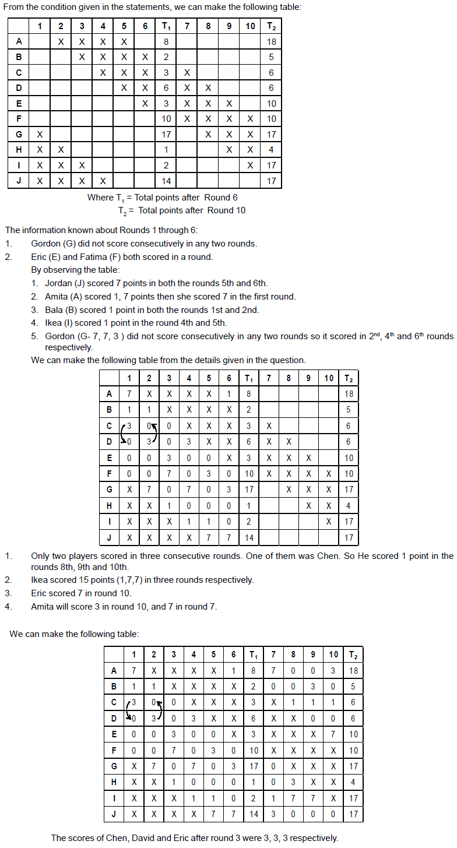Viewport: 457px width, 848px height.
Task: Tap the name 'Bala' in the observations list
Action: [55, 310]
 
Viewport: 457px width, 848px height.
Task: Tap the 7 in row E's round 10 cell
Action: [333, 734]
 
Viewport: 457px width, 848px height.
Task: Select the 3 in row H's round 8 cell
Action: [294, 782]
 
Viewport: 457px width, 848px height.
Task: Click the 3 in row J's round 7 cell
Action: [273, 814]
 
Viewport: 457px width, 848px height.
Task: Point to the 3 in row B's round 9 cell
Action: [314, 687]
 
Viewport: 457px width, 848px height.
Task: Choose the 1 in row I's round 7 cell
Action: [273, 798]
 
